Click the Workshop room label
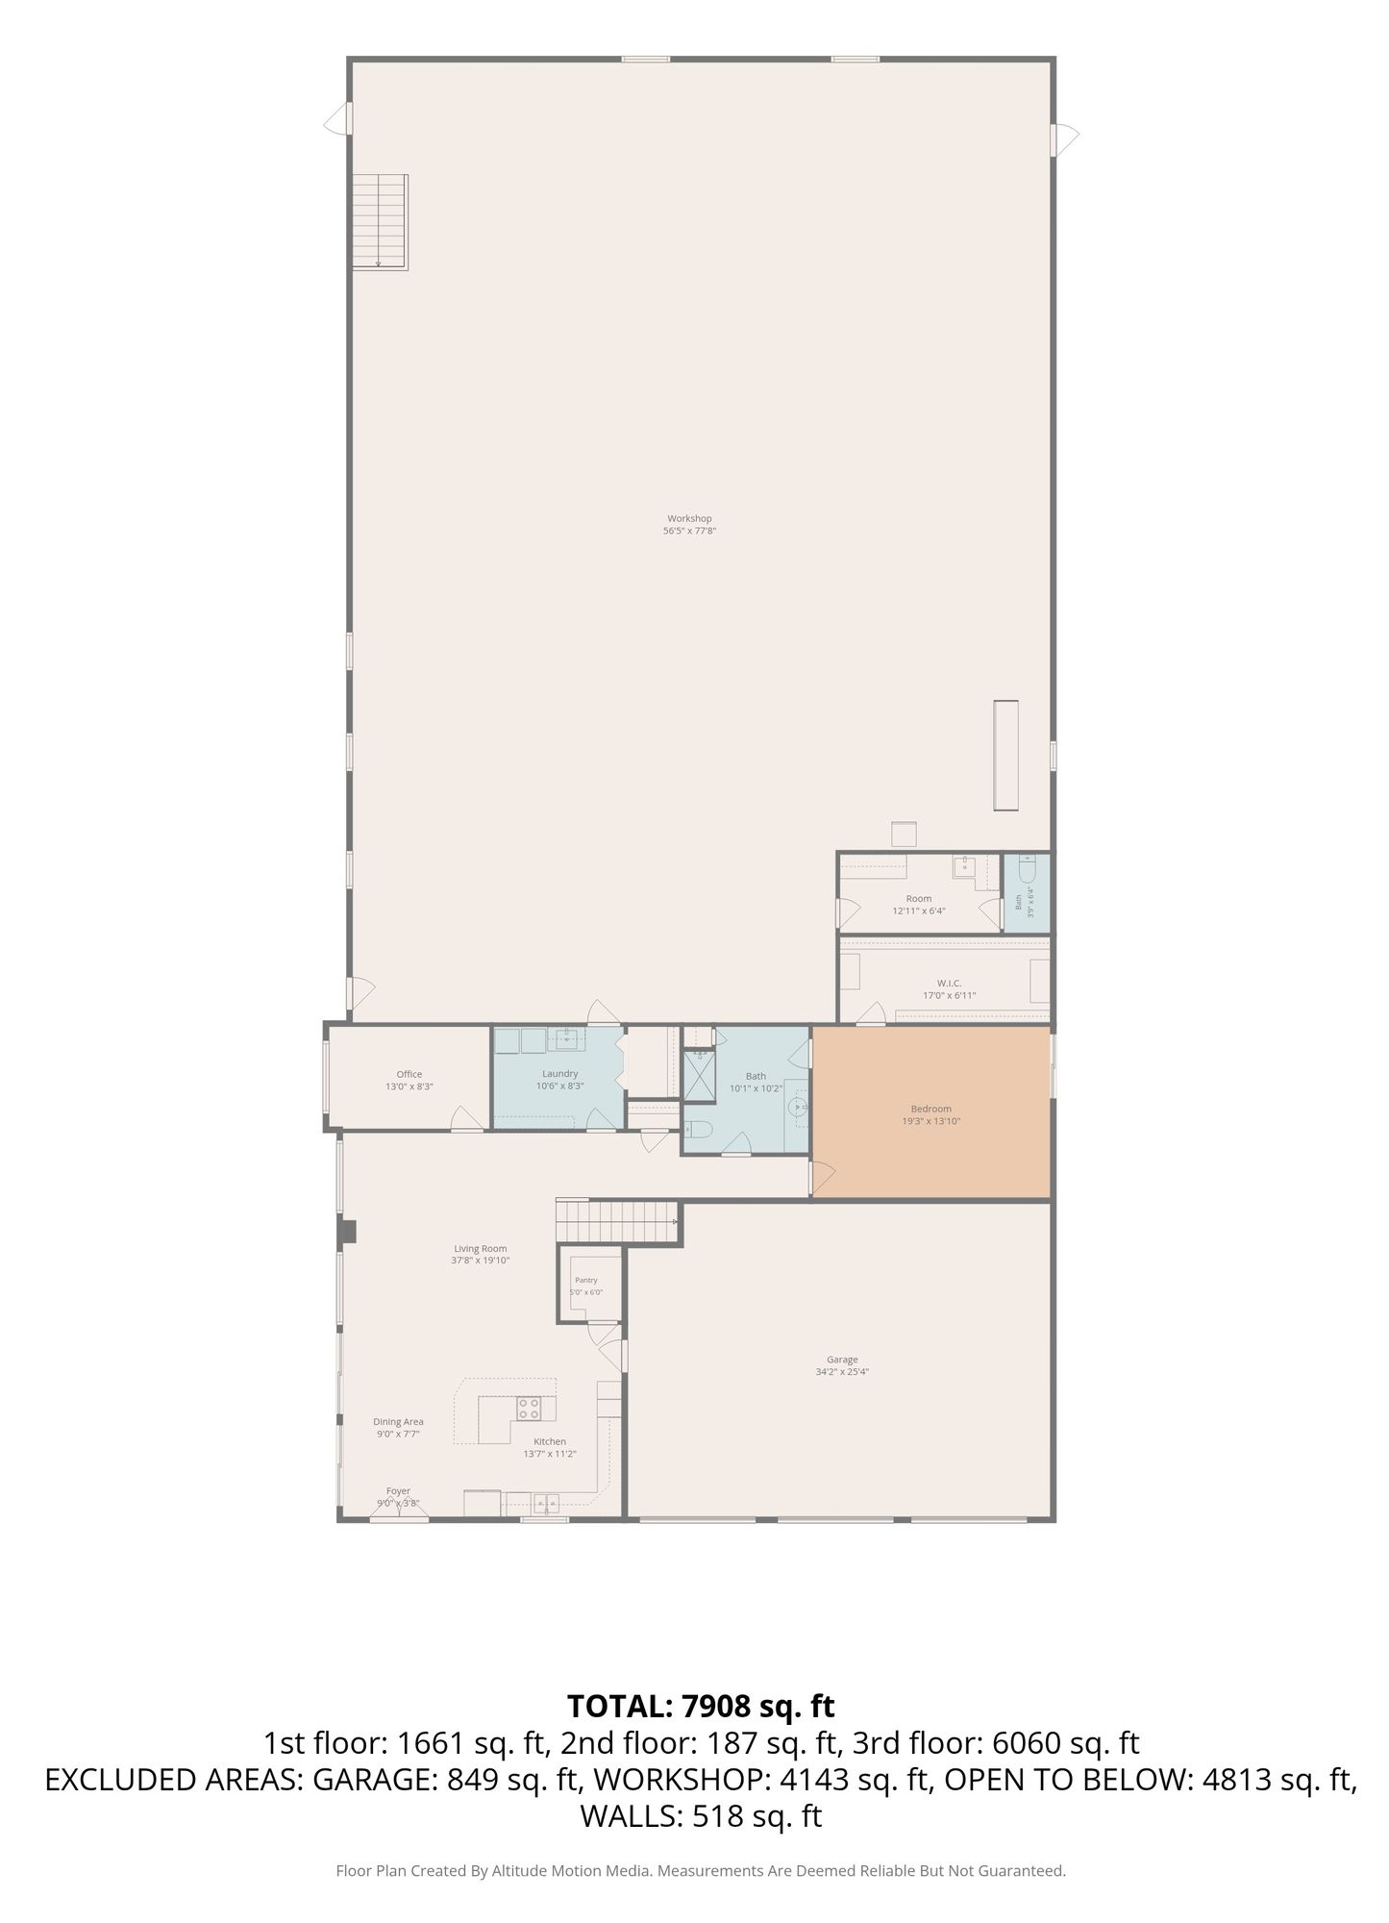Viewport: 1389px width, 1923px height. pos(689,518)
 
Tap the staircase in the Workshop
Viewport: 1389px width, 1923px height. pos(380,221)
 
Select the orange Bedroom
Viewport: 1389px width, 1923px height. pos(931,1111)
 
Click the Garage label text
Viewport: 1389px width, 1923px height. pos(842,1359)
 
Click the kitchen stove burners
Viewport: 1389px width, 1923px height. pos(529,1409)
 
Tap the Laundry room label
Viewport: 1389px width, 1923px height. pos(559,1073)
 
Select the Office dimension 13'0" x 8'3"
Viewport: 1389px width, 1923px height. pos(409,1086)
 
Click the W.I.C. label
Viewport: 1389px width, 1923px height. pos(949,983)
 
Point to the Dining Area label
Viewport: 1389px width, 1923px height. pos(398,1421)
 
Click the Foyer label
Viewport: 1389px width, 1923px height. pos(398,1490)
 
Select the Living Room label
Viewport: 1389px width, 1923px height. pos(481,1248)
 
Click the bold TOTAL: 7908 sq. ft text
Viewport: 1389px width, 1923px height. pos(701,1705)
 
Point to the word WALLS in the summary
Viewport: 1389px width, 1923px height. pos(630,1816)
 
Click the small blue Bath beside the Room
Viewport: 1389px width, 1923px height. pos(1027,892)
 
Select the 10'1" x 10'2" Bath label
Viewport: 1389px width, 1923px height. pos(756,1088)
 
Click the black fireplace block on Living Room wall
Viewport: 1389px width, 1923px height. pos(347,1231)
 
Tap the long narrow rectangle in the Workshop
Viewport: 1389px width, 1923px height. pos(1005,755)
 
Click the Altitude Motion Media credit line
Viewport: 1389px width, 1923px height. pos(701,1870)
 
